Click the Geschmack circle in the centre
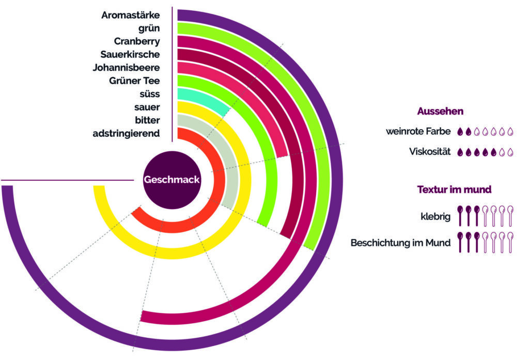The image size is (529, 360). tap(172, 180)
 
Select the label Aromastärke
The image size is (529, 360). tap(131, 15)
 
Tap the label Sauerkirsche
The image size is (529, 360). tap(130, 54)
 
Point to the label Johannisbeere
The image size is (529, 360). tap(126, 68)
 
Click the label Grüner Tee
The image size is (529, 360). tap(134, 81)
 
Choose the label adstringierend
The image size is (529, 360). tap(126, 134)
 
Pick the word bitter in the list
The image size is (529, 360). tap(147, 120)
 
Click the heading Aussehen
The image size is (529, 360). tap(440, 111)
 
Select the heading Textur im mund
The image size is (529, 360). tap(454, 189)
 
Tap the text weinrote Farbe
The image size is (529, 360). tap(418, 131)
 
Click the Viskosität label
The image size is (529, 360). tap(430, 151)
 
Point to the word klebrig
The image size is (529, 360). tap(435, 216)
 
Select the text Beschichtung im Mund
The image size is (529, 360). tap(400, 243)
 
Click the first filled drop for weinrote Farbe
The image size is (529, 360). tap(460, 132)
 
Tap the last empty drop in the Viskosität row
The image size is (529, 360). tap(510, 152)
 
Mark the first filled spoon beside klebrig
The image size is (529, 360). tap(460, 215)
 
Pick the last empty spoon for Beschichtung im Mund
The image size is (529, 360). tap(510, 242)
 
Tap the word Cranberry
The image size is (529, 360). tap(136, 41)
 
